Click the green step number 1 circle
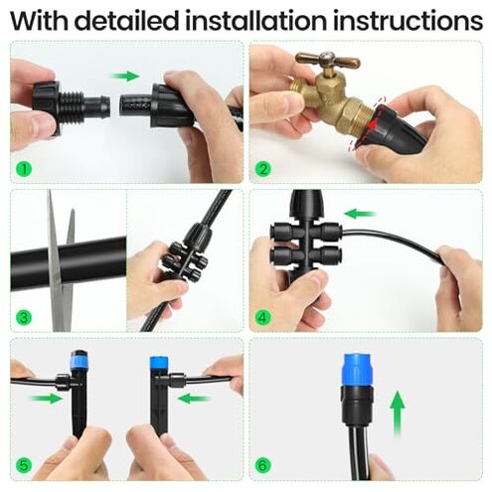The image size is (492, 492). pos(24,168)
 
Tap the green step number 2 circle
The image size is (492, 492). pos(262,168)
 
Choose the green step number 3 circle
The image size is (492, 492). pos(24,318)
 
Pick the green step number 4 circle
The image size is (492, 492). pos(262,318)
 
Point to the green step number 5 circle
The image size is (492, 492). pos(24,466)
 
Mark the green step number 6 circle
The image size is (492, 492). pos(262,466)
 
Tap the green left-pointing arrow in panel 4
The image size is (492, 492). pos(359,212)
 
